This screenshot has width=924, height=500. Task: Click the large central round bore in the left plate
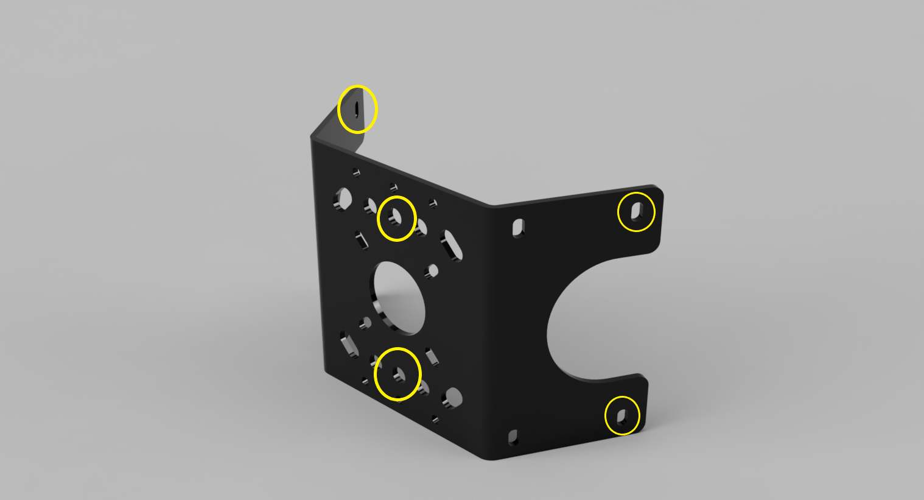click(399, 298)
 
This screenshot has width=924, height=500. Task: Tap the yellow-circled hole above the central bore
click(396, 217)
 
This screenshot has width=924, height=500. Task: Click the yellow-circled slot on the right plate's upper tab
click(637, 211)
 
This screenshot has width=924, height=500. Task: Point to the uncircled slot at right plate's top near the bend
click(519, 228)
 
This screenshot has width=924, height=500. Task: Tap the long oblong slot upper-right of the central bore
click(452, 245)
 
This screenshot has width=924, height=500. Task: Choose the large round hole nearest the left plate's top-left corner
click(343, 199)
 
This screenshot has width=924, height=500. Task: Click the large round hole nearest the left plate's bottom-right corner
click(452, 397)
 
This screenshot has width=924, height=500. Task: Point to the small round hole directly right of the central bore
click(433, 270)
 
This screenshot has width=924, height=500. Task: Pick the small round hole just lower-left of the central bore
click(365, 323)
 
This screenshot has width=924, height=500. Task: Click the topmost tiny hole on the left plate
click(356, 172)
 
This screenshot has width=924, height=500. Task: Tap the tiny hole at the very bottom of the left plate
click(435, 419)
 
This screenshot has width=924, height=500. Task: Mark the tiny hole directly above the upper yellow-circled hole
click(394, 187)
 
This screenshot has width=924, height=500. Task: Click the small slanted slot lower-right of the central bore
click(432, 356)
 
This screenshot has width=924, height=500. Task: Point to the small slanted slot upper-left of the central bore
click(362, 239)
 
